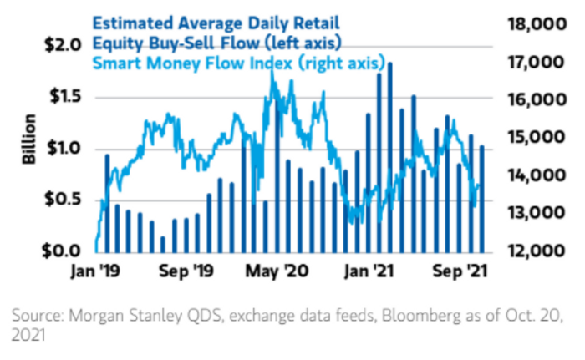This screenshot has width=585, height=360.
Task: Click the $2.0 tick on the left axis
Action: point(59,44)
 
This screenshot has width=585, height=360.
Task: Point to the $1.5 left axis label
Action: point(59,97)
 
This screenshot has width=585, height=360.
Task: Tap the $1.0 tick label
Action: point(59,149)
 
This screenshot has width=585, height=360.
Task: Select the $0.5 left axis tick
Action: point(59,200)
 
